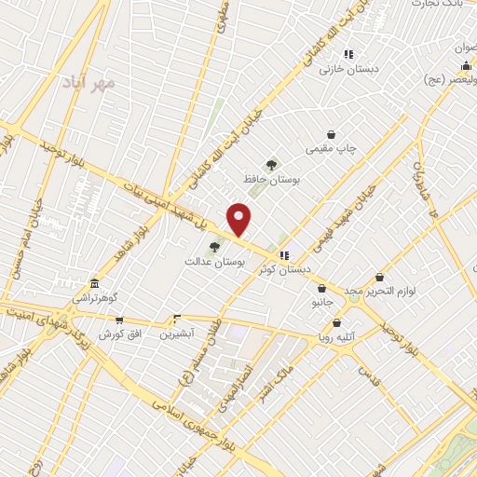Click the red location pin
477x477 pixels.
point(239,219)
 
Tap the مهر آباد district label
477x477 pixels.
point(89,83)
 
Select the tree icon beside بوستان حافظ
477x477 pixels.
point(272,164)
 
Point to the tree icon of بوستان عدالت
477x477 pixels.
point(215,248)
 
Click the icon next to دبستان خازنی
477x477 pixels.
point(348,55)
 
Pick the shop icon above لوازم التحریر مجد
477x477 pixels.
point(379,277)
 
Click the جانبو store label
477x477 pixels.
point(320,304)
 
